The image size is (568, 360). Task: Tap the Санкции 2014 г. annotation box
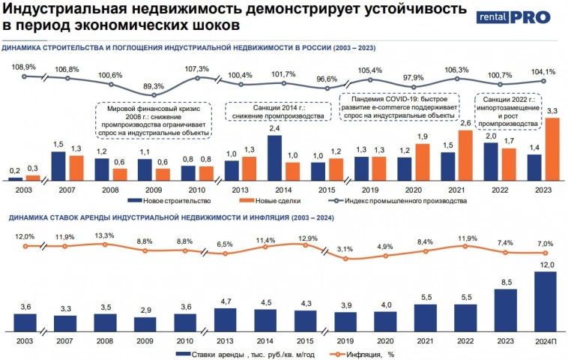coord(275,111)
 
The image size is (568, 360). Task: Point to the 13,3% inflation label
coord(105,235)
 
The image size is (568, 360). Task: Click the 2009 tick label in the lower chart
coord(145,340)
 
